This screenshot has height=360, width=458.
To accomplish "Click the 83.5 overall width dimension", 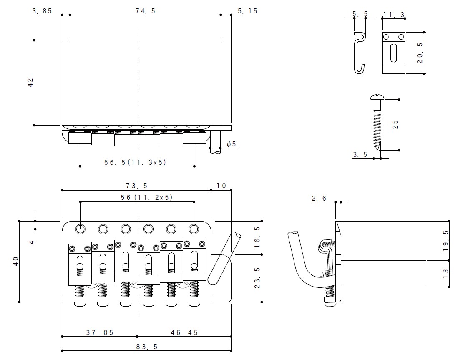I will pyautogui.click(x=146, y=346).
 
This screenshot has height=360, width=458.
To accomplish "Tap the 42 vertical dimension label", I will pyautogui.click(x=30, y=83).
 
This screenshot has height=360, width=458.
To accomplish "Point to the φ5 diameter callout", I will pyautogui.click(x=231, y=144).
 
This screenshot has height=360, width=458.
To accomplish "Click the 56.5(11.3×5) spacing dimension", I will pyautogui.click(x=135, y=162).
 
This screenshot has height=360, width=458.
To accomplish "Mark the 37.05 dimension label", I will pyautogui.click(x=100, y=332).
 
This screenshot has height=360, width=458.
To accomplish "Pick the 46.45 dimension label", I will pyautogui.click(x=184, y=332).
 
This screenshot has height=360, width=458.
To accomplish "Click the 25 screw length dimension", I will pyautogui.click(x=396, y=124).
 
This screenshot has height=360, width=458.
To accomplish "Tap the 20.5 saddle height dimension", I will pyautogui.click(x=420, y=53).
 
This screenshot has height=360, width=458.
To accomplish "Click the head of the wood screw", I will pyautogui.click(x=378, y=98).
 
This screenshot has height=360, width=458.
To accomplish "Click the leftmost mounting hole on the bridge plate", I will pyautogui.click(x=80, y=228).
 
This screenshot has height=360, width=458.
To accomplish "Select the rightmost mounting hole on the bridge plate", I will pyautogui.click(x=193, y=228).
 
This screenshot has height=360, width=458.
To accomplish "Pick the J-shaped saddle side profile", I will pyautogui.click(x=360, y=52).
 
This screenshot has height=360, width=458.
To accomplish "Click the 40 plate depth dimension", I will pyautogui.click(x=16, y=261).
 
